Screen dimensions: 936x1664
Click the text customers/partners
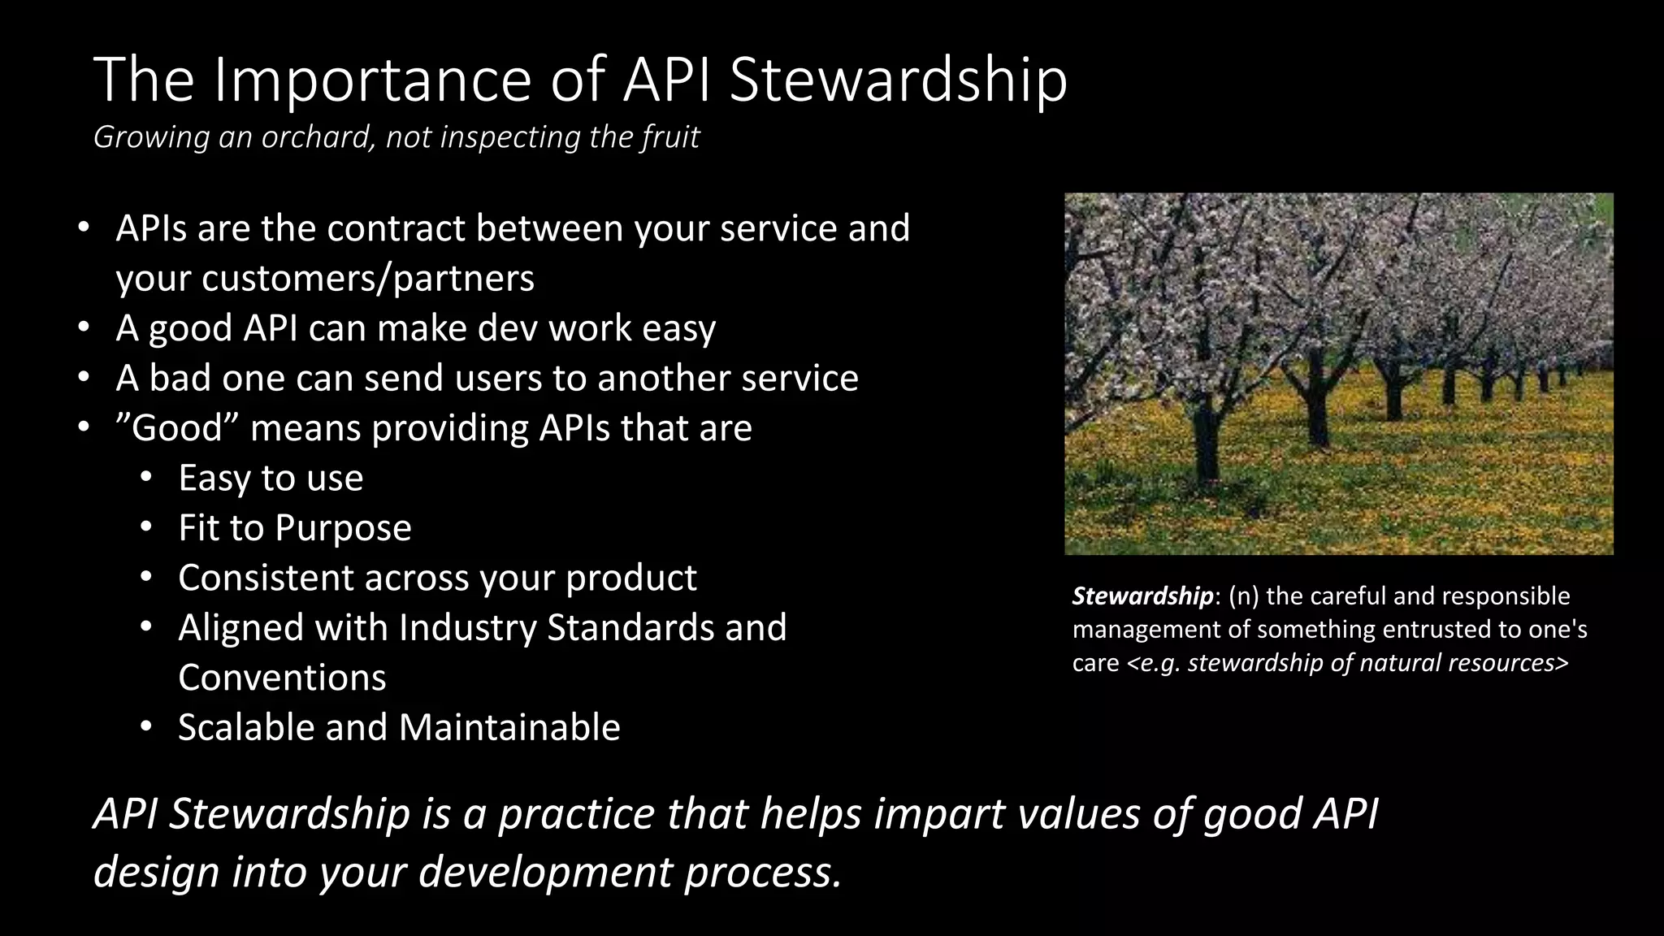point(368,279)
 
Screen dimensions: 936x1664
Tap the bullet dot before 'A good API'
point(83,328)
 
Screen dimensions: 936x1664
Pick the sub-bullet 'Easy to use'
point(271,478)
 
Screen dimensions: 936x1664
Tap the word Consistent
point(266,578)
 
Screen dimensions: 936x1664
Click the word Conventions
point(282,678)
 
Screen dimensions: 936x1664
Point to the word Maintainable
point(509,727)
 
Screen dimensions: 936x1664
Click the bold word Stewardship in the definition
point(1142,596)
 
